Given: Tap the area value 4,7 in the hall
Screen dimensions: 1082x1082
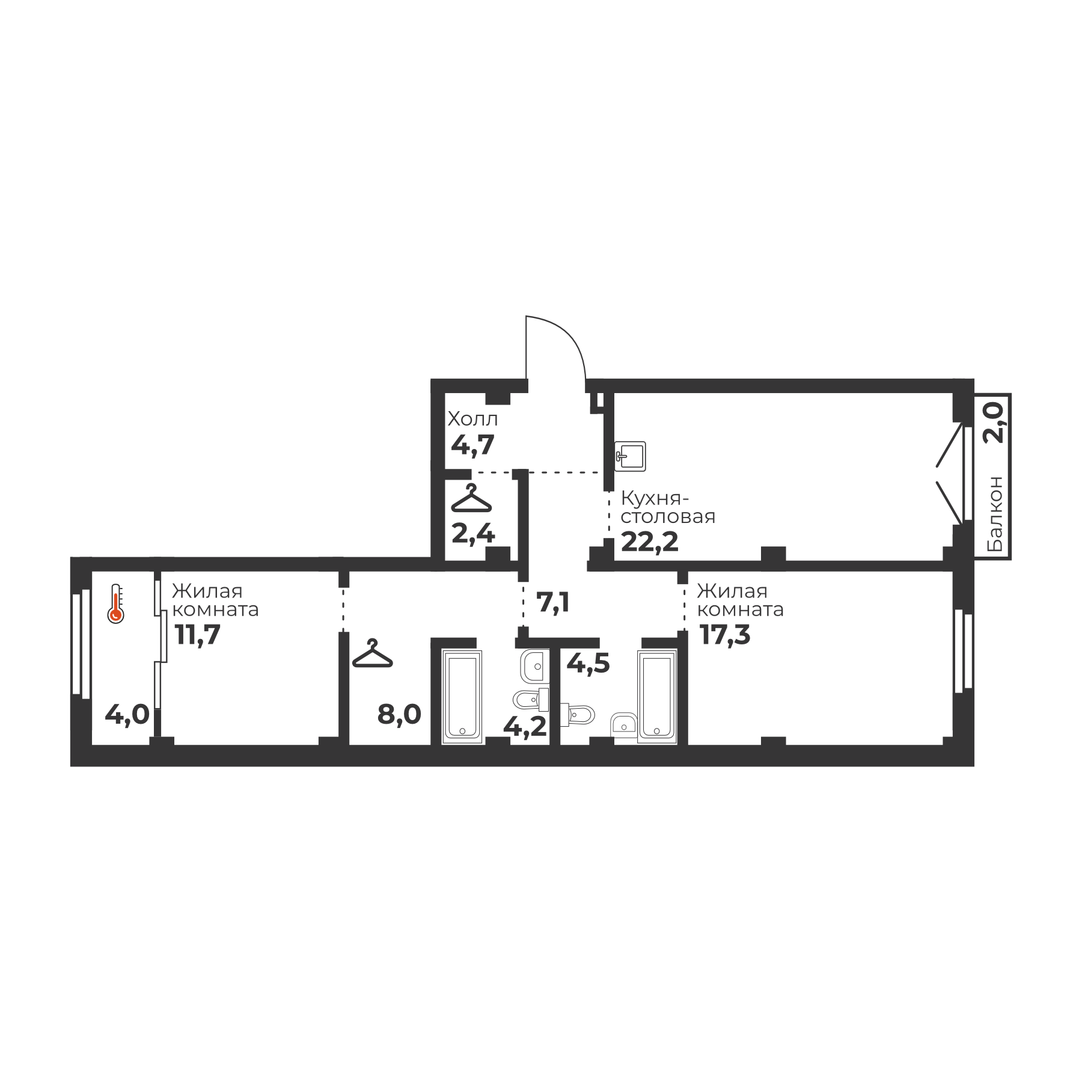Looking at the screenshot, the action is pos(472,445).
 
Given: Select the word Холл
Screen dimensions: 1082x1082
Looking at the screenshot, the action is pos(473,419).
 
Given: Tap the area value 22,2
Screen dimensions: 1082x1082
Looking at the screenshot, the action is pos(650,542).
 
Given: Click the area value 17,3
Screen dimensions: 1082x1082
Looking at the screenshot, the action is pos(726,635).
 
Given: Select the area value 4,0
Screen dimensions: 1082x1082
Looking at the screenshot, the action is pos(127,715).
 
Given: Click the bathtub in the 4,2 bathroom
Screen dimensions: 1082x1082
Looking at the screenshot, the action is pos(462,697).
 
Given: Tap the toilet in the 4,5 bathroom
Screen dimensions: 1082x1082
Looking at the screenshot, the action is pos(576,715).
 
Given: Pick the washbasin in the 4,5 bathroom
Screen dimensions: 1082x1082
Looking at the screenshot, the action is pos(624,724).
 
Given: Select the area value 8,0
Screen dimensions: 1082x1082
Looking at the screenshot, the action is pos(399,715).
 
